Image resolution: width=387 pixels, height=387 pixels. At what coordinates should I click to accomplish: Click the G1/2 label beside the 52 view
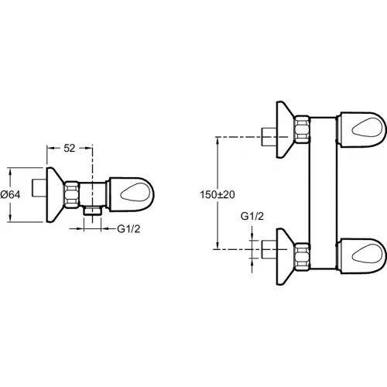129,230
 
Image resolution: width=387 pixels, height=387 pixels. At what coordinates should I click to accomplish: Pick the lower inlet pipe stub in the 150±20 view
267,249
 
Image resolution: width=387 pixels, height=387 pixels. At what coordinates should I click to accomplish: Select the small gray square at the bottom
276,288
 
